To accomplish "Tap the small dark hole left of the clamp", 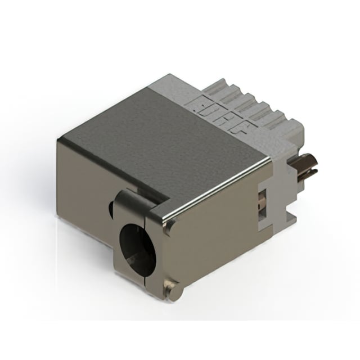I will pos(111,209).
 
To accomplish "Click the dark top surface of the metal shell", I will pos(163,141).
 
